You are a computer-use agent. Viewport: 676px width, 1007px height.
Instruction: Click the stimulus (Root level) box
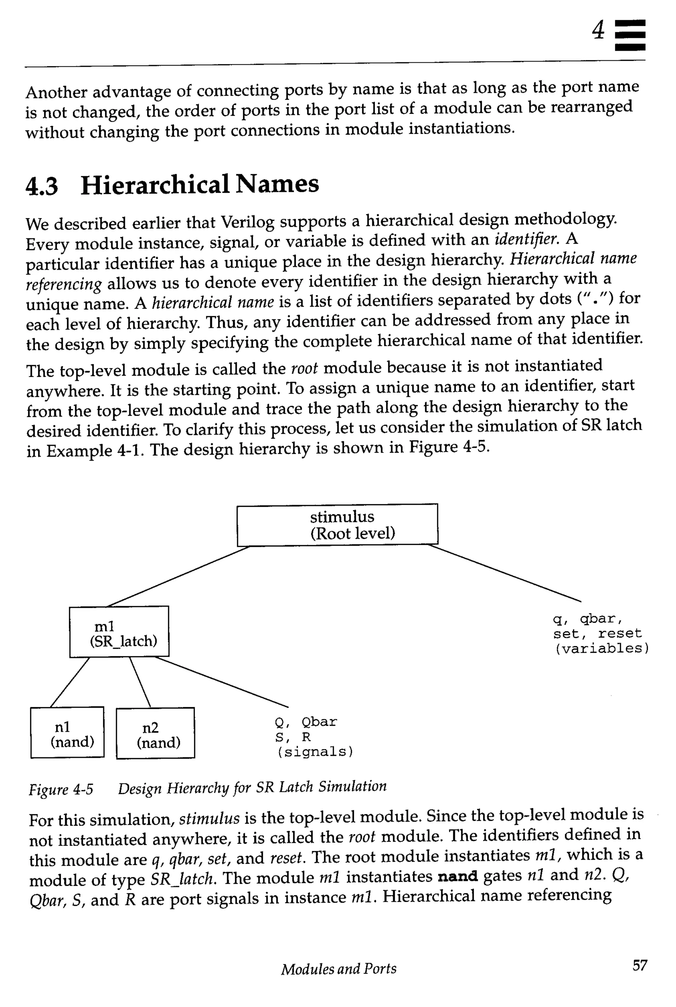[337, 524]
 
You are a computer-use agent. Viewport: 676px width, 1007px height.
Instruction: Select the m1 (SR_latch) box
[119, 632]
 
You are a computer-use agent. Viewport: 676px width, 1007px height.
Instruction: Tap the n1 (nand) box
[67, 732]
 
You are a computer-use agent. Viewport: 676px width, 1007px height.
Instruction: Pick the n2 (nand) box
[155, 733]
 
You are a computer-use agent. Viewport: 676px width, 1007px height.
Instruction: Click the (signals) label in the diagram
[314, 752]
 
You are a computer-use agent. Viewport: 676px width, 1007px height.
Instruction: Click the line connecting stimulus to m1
[178, 576]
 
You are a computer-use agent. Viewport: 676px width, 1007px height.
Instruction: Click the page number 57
[639, 965]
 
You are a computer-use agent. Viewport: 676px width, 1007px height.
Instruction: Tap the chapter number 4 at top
[598, 31]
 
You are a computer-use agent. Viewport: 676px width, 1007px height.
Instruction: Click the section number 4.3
[42, 186]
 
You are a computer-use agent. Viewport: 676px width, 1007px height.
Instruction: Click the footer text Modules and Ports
[338, 969]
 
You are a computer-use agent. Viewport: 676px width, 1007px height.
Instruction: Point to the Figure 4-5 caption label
[61, 789]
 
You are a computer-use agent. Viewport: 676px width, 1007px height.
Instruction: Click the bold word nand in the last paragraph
[457, 876]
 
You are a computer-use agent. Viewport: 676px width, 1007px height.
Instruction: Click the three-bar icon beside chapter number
[630, 35]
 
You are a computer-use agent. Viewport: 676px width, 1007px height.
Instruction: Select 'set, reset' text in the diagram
[597, 634]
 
